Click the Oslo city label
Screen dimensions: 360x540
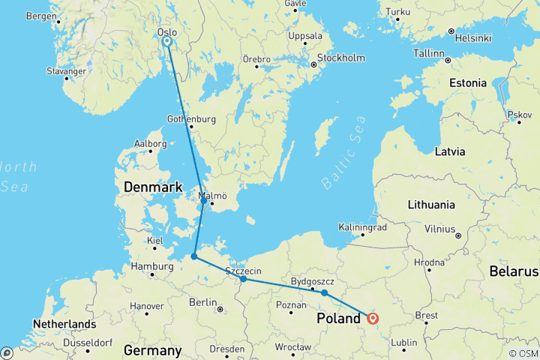pos(168,32)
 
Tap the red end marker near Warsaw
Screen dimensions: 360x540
pos(373,318)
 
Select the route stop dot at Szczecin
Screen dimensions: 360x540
pos(244,279)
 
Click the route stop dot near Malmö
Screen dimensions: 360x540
pos(203,201)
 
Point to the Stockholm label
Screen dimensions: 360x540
pos(340,58)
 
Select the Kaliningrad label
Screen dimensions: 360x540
pos(363,226)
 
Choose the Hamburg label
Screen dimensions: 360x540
pos(151,265)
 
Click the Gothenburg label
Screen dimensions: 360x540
pos(191,119)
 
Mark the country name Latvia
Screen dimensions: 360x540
pos(450,151)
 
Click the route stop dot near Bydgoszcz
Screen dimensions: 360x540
pos(324,292)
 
